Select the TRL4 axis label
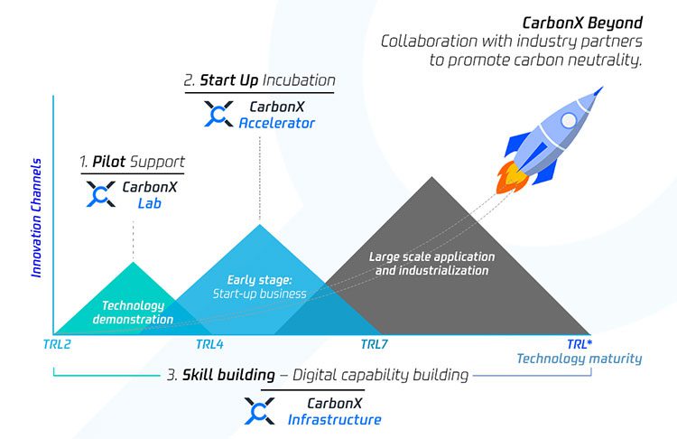(209, 344)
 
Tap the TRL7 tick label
(375, 344)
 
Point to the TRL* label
(580, 344)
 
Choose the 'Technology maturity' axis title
(579, 359)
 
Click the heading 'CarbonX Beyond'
(584, 22)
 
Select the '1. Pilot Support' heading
(132, 162)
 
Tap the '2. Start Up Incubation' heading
(259, 80)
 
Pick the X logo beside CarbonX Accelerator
(218, 113)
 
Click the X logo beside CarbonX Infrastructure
(260, 410)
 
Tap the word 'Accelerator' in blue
(277, 123)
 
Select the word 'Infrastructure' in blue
(334, 419)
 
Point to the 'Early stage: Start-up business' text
(259, 286)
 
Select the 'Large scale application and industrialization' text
(431, 264)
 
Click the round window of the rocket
(569, 120)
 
